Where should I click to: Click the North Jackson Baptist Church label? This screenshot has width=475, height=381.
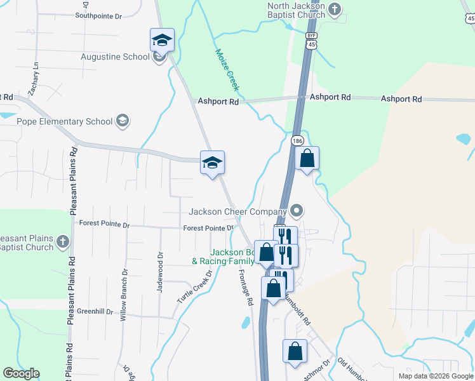(296, 10)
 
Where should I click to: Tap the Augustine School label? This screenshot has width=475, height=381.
(115, 57)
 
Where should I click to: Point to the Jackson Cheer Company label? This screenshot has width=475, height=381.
(238, 211)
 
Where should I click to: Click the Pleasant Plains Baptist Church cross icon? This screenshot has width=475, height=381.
(62, 241)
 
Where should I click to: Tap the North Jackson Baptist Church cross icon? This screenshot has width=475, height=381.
(336, 8)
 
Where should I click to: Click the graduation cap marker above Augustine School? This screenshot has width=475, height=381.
(162, 40)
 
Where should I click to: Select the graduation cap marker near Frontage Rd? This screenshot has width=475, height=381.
(212, 163)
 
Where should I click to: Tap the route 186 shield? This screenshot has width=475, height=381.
(297, 140)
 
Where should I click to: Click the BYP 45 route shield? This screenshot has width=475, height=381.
(311, 40)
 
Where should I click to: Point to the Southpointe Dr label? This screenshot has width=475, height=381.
(98, 17)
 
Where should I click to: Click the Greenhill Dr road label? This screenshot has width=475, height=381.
(95, 311)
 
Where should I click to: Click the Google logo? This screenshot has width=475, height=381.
(21, 373)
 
